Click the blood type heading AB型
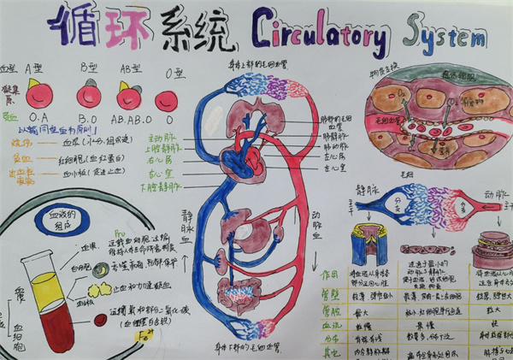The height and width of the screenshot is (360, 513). [x=131, y=69]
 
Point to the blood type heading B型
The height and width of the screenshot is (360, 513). [x=88, y=68]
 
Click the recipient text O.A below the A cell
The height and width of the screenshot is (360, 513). [x=38, y=116]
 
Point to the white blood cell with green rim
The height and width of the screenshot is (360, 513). [x=103, y=268]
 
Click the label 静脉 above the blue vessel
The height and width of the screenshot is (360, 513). [x=368, y=187]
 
